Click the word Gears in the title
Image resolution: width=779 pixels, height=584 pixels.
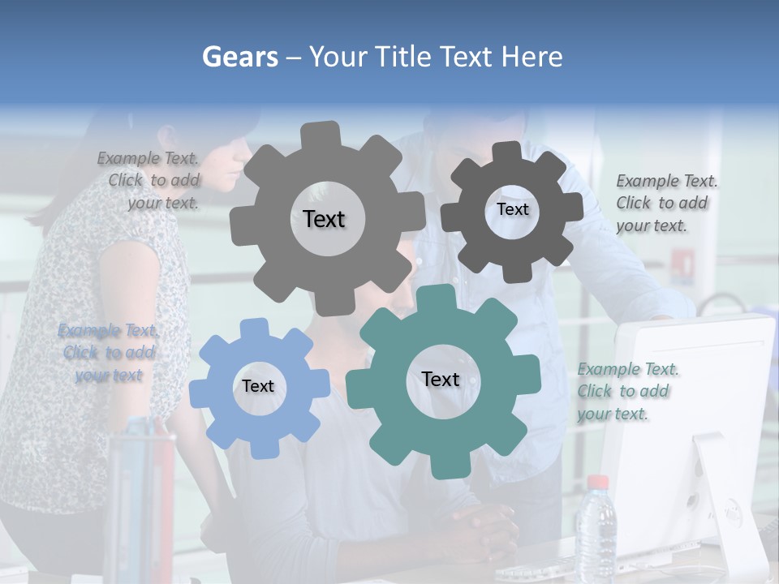coord(239,57)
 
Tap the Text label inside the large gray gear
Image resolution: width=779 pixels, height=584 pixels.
coord(324,219)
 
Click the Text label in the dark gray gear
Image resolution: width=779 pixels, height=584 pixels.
coord(512,209)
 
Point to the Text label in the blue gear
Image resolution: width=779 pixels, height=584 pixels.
coord(258,386)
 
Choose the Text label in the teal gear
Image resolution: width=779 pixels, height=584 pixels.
coord(441,379)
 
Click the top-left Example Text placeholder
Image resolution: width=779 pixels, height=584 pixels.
coord(149,180)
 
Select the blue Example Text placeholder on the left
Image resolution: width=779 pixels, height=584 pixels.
coord(109,353)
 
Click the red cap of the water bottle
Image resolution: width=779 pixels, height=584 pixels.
coord(597,483)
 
